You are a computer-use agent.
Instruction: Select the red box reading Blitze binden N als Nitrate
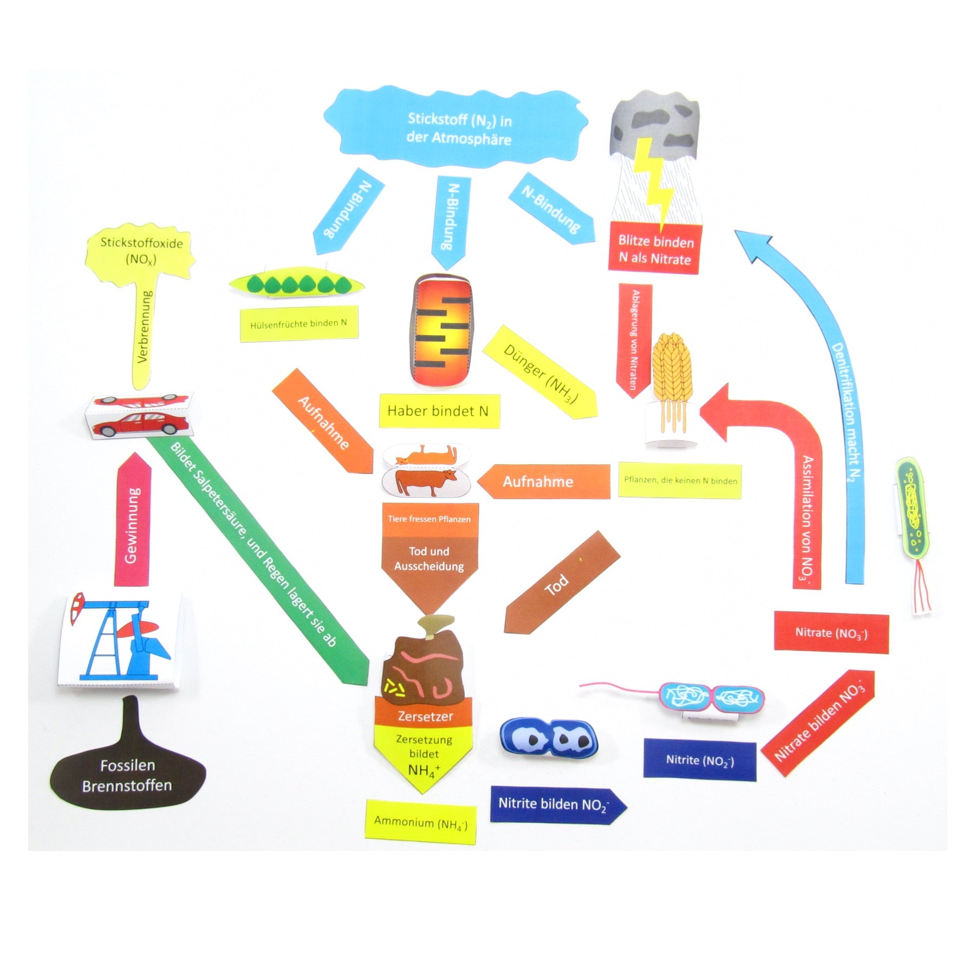coord(655,250)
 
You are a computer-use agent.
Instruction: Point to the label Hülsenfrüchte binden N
coord(299,324)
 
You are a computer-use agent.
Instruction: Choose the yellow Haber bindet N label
coord(438,411)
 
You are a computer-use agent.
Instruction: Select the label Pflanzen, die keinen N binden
coord(680,480)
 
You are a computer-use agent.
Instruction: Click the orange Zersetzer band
coord(425,716)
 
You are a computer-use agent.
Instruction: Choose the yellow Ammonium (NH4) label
coord(420,822)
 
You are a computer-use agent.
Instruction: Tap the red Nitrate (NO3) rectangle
coord(831,632)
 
